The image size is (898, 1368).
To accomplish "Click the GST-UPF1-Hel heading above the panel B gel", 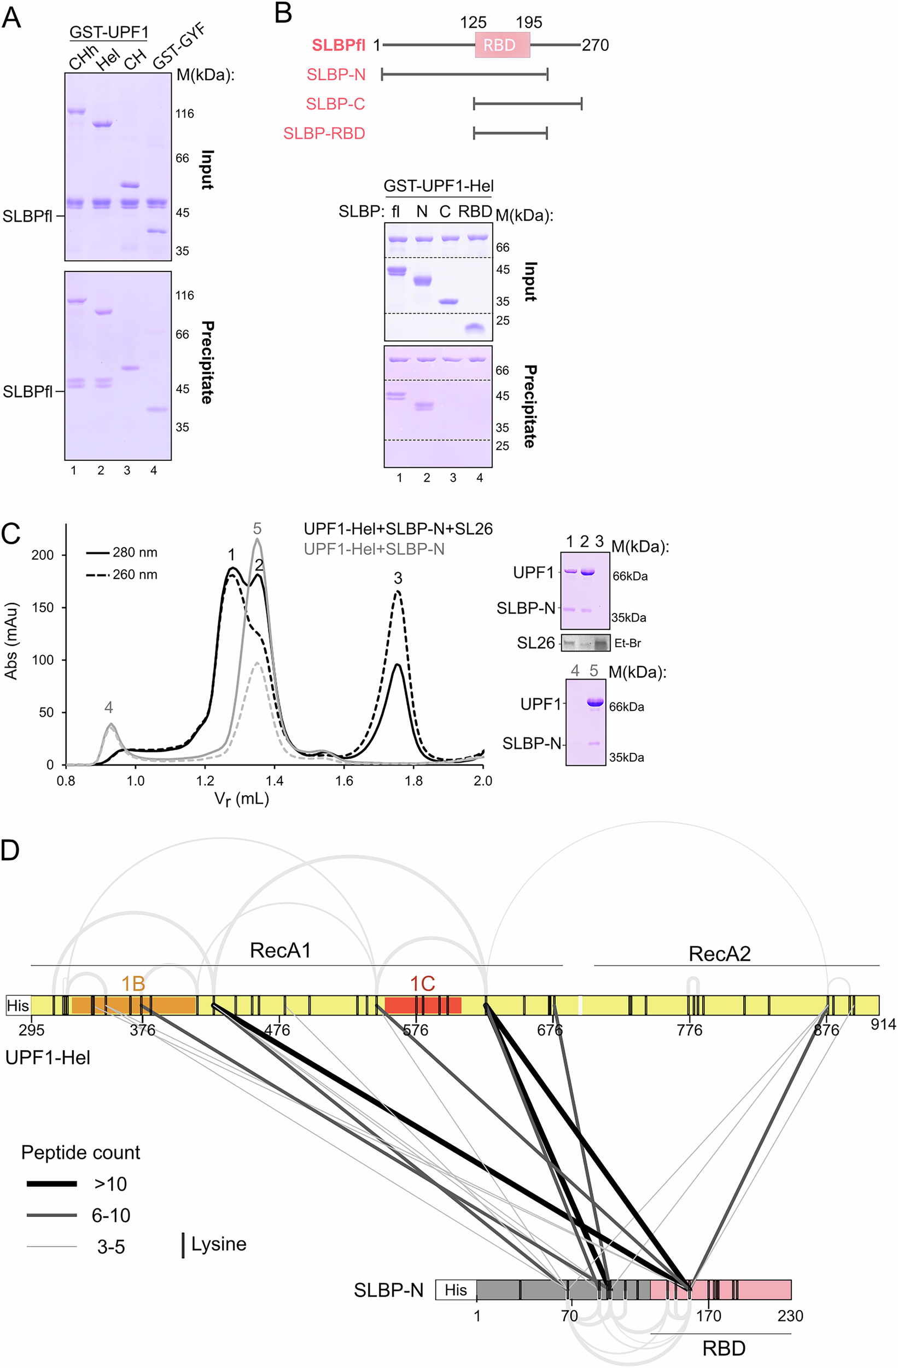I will tap(439, 186).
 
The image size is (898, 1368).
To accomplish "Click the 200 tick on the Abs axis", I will tap(42, 555).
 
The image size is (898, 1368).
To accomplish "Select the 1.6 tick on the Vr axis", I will tap(343, 780).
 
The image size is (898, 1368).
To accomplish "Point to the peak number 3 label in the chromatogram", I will tap(398, 578).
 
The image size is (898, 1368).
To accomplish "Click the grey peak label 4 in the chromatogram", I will tap(109, 708).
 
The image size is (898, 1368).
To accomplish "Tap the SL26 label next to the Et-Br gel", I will tap(535, 642).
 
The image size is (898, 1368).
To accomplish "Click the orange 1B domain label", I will tap(133, 984).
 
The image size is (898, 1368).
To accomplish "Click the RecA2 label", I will tap(719, 954).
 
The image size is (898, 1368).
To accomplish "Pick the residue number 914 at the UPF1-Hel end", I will tap(883, 1024).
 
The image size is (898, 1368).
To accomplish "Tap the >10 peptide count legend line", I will tap(52, 1184).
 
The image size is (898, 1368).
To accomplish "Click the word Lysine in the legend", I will tap(219, 1244).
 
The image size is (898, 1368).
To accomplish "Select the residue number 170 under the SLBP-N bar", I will tap(708, 1315).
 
